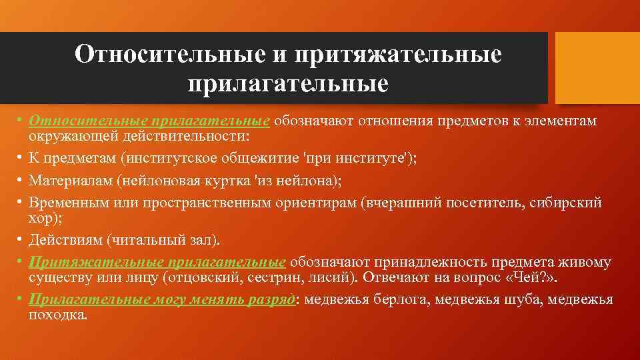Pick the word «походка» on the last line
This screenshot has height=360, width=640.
pos(58,314)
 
